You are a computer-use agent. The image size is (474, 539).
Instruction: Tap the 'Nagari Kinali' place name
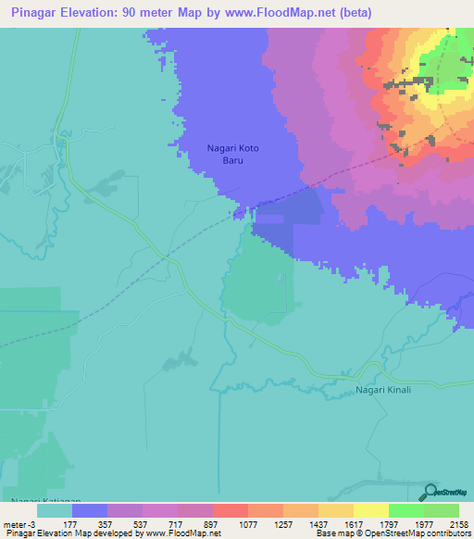(383, 390)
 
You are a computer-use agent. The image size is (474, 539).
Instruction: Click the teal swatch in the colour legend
(54, 509)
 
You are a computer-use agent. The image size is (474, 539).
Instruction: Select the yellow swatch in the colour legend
(371, 509)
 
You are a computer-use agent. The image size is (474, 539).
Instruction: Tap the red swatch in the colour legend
(231, 509)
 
